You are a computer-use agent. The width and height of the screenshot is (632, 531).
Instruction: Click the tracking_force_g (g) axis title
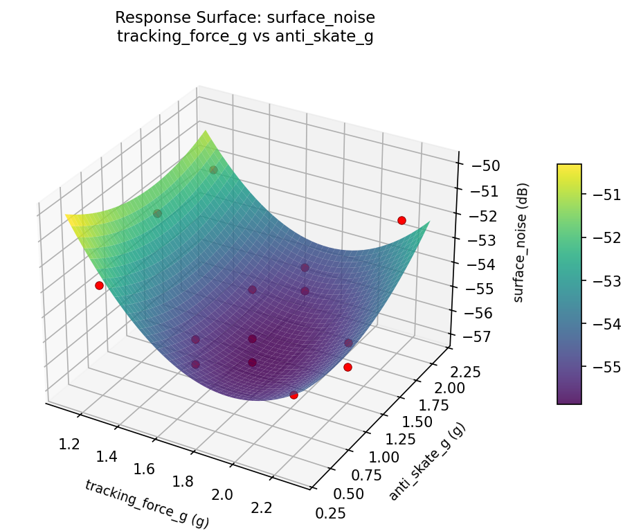coord(147,504)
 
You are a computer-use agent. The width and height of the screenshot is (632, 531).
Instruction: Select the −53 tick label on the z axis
coord(480,240)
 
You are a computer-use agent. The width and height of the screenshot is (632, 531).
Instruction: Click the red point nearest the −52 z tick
coord(401,220)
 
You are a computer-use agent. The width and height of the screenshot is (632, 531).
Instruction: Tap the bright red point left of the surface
coord(99,285)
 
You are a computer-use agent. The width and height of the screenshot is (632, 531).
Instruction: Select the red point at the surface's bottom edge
coord(294,395)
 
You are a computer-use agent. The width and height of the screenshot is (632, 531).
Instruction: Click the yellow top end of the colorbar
coord(569,168)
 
